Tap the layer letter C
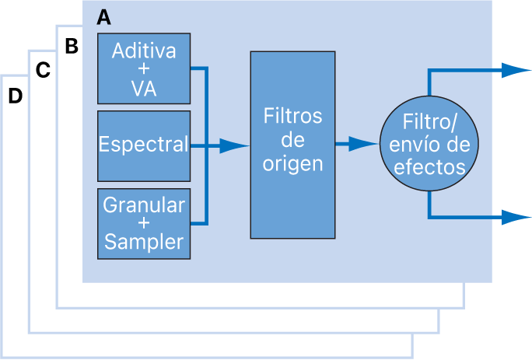coord(44,71)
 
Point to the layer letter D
coord(15,96)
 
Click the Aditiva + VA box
coord(144,68)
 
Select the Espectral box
coord(144,145)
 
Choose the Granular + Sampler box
coord(144,223)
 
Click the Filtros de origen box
coord(292,145)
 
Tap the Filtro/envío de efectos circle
coord(429,145)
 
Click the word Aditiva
coord(144,51)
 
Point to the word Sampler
coord(144,241)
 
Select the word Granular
coord(144,205)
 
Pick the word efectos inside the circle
coord(429,166)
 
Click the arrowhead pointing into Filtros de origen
coord(234,145)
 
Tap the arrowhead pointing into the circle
coord(364,144)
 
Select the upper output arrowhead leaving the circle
coord(516,70)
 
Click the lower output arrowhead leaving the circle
coord(516,217)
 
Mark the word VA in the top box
coord(144,88)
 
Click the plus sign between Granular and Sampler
coord(144,223)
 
